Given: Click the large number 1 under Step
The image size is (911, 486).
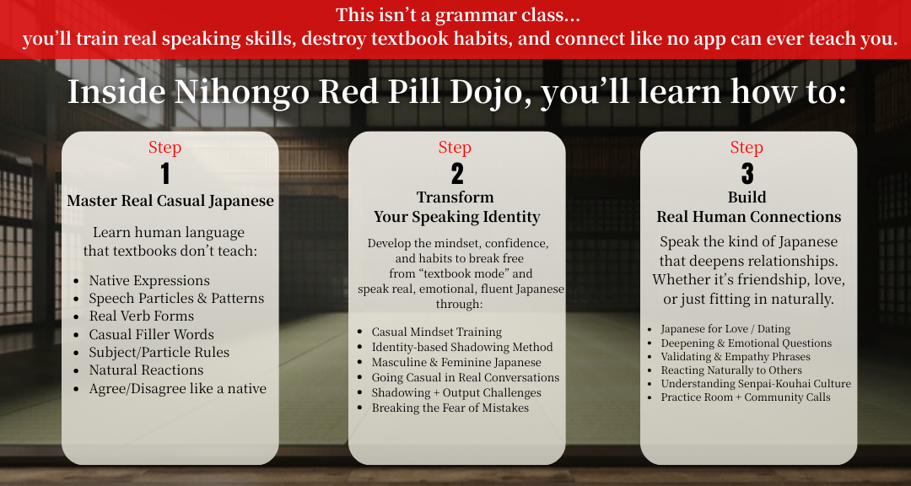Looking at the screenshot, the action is point(165,174).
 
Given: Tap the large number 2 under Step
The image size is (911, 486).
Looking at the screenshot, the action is point(456,174).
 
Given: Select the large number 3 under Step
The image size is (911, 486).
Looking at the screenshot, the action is point(747,174).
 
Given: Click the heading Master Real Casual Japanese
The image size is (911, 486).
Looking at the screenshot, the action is point(170,201).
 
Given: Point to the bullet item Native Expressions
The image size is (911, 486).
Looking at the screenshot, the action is point(149,281).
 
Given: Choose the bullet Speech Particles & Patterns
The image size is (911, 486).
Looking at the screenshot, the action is point(176,298).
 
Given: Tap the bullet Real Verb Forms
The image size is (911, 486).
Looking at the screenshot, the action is point(141,316).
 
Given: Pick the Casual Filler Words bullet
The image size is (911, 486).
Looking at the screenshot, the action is point(151,334).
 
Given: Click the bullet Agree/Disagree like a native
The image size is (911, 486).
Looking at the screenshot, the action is point(178,389).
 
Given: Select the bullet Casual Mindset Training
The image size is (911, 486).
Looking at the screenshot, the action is point(437,332).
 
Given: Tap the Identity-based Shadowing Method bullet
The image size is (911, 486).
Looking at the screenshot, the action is point(462,347).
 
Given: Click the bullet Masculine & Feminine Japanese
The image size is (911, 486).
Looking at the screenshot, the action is point(456,362).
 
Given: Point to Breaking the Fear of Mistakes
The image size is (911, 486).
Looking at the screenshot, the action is point(450,408).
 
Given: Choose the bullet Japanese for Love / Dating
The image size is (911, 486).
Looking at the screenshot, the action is point(725,329).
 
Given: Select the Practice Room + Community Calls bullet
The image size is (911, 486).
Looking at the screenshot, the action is point(746,397).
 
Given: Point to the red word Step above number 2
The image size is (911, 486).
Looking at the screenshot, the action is point(455,147).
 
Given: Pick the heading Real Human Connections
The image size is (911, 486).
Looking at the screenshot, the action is point(749,217).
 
